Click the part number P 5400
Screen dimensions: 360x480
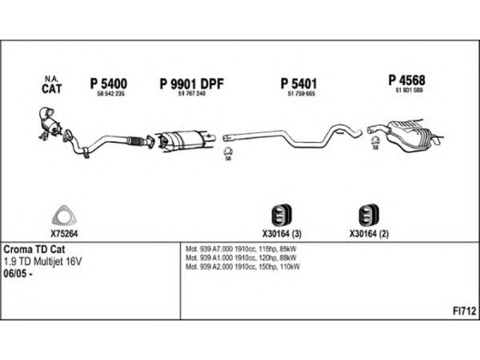108,84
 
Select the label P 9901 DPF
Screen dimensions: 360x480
191,84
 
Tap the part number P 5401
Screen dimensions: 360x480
298,84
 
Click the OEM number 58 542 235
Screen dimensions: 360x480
110,95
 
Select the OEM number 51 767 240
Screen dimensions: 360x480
191,95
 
